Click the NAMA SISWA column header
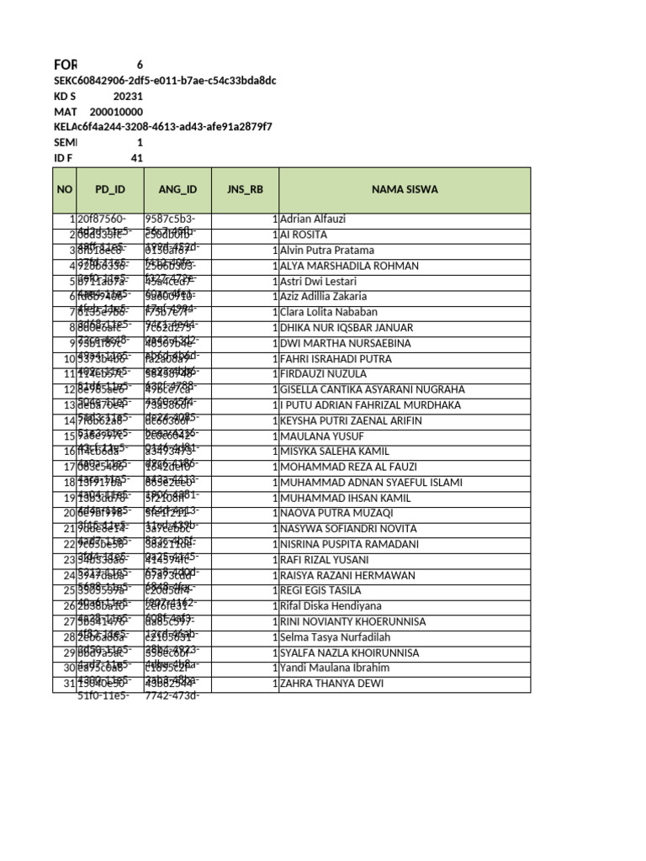point(405,189)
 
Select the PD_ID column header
point(109,189)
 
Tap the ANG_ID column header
point(177,189)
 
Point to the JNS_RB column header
point(245,189)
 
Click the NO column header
point(65,189)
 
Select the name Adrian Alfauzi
point(313,219)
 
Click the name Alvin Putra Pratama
point(327,251)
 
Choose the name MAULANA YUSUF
point(322,436)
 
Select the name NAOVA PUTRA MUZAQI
point(336,513)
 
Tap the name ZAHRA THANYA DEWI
point(331,684)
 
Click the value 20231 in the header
point(128,96)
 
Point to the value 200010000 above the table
point(116,111)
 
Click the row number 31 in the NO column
point(70,684)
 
